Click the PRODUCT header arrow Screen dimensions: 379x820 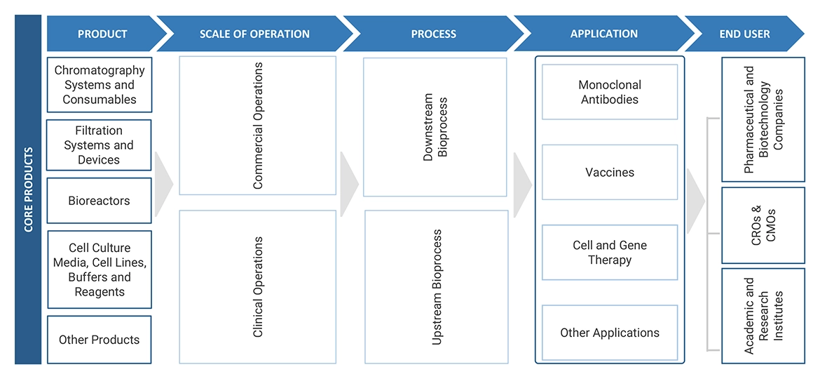coord(102,34)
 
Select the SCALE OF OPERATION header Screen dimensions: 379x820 coord(254,34)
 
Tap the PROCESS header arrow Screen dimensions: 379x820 coord(433,34)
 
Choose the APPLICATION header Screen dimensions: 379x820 coord(603,34)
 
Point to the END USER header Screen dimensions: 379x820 coord(744,34)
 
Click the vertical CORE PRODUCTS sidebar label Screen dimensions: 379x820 coord(28,189)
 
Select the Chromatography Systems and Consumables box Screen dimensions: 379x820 coord(100,85)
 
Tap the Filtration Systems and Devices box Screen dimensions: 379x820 coord(99,145)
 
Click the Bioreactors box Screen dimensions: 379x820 coord(99,201)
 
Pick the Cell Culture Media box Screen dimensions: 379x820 coord(100,270)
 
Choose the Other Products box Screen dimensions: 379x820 coord(99,340)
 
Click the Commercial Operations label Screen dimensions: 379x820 coord(258,126)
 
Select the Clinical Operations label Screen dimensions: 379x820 coord(258,287)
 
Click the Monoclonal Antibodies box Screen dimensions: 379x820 coord(610,92)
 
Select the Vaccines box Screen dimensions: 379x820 coord(610,172)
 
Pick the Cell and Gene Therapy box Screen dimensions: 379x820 coord(610,253)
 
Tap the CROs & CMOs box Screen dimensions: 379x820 coord(763,224)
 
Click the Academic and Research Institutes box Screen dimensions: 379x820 coord(763,316)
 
